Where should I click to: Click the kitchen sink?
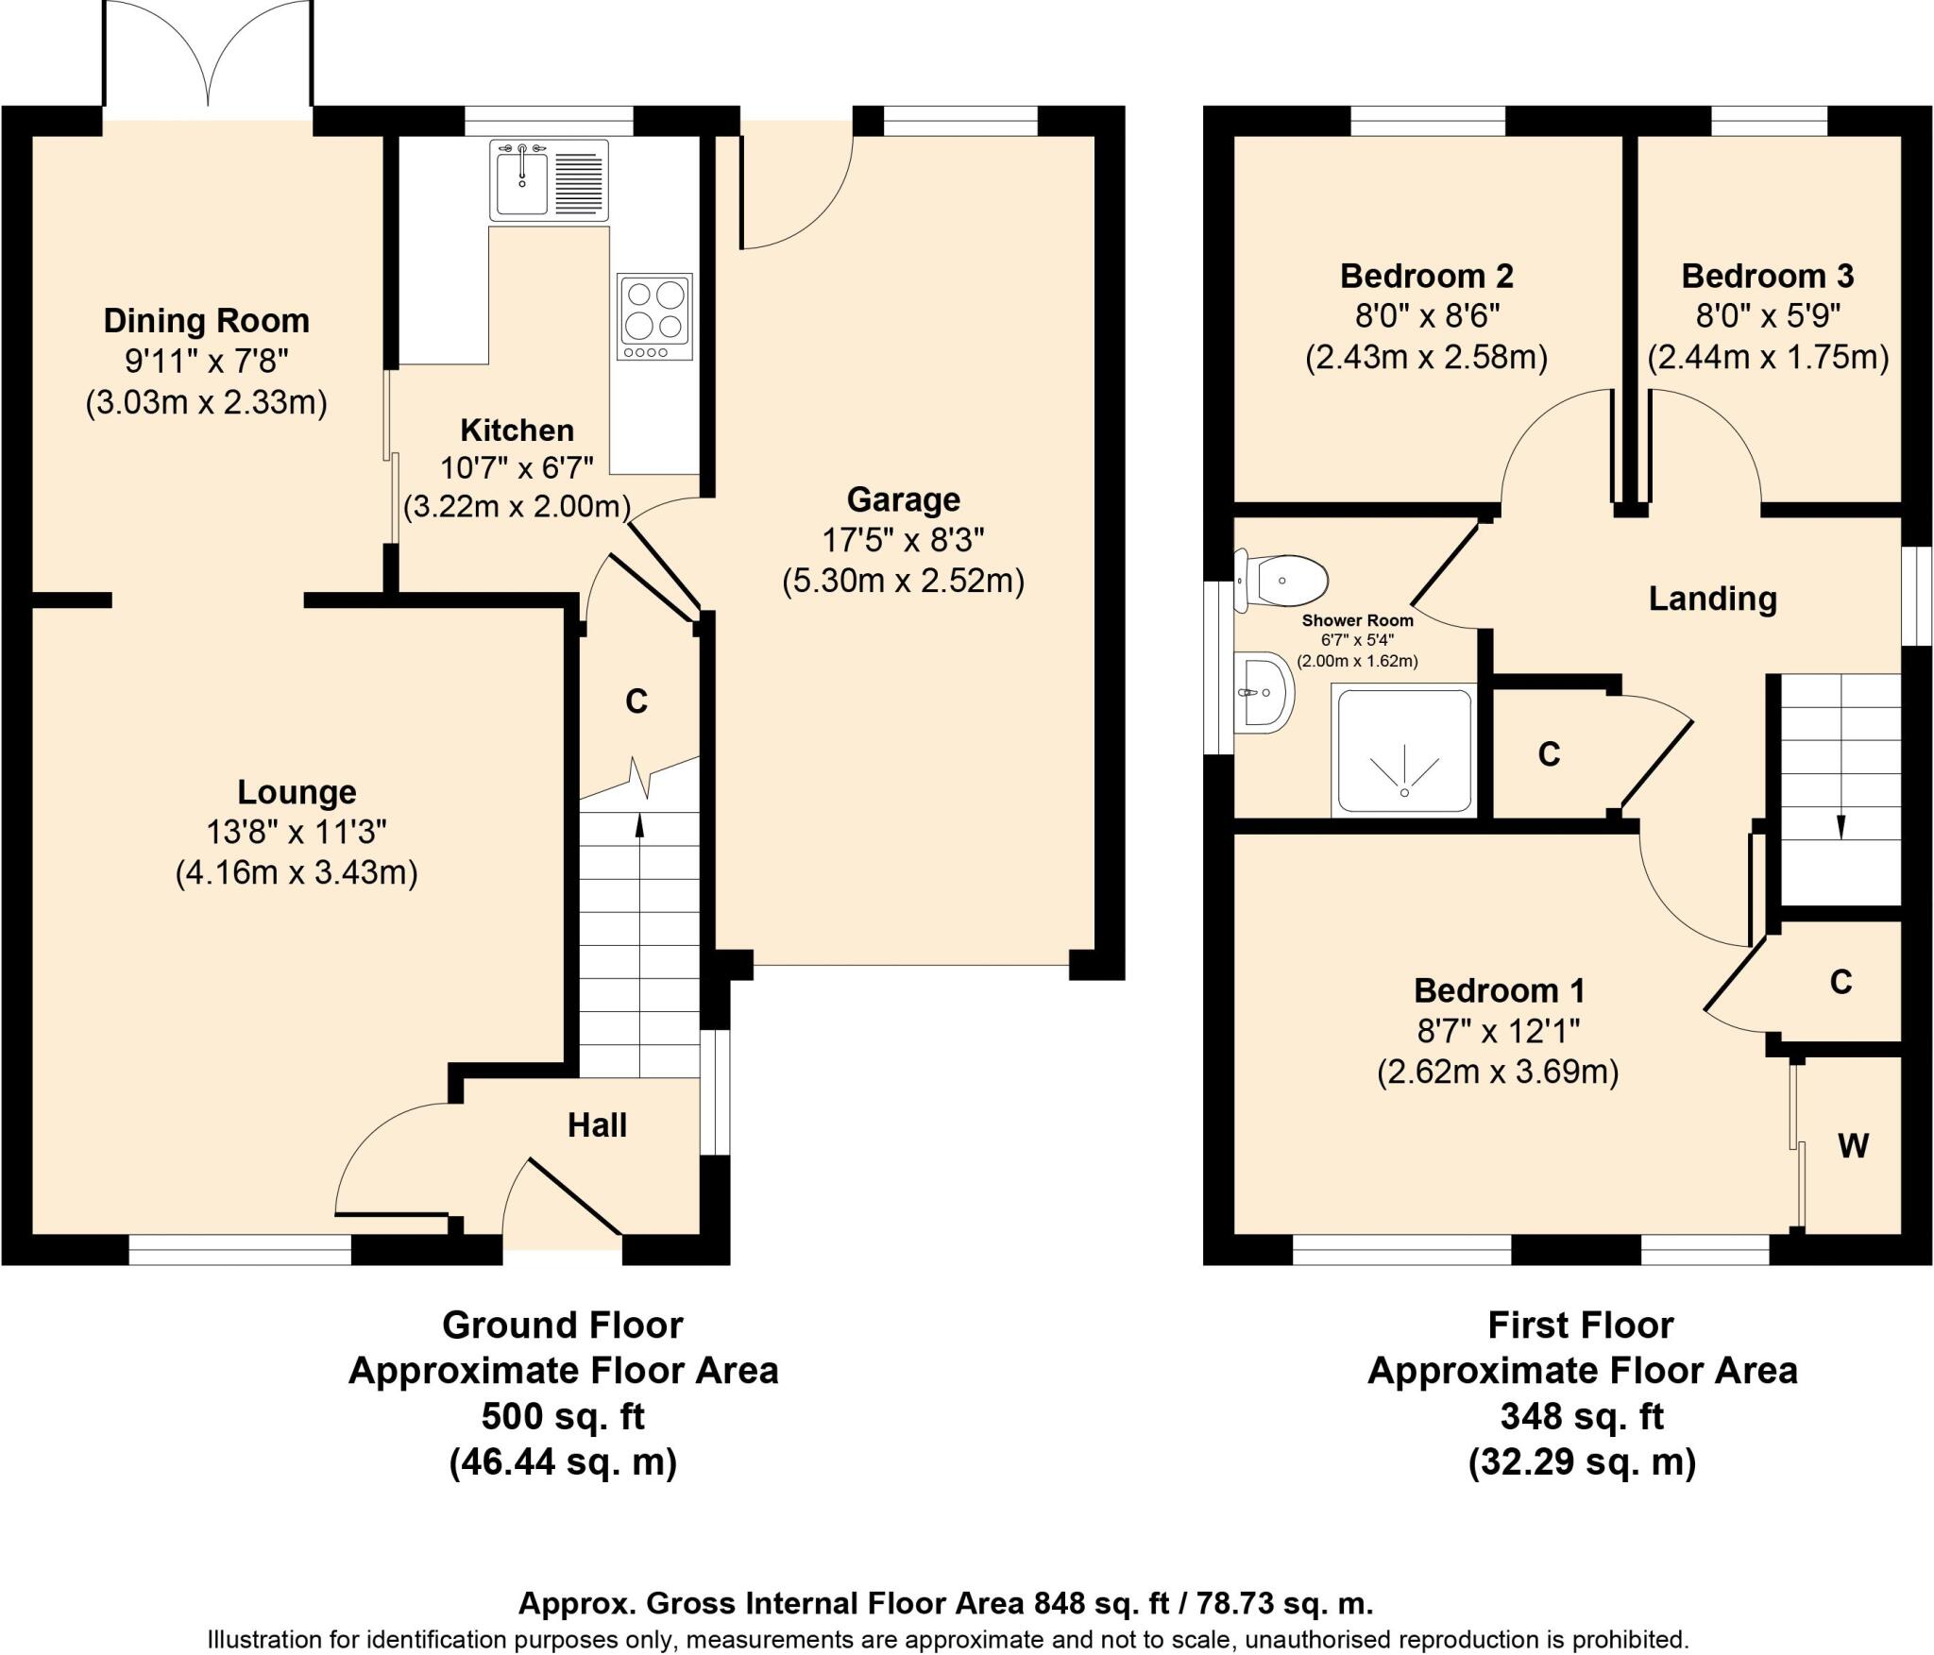pyautogui.click(x=549, y=179)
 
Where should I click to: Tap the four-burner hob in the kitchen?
pyautogui.click(x=654, y=316)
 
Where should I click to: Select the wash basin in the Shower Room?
pyautogui.click(x=1264, y=692)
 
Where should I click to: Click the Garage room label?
pyautogui.click(x=903, y=498)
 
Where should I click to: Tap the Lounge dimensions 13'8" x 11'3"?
pyautogui.click(x=297, y=832)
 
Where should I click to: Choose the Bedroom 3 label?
pyautogui.click(x=1768, y=276)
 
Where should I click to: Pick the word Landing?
pyautogui.click(x=1712, y=599)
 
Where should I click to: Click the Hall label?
pyautogui.click(x=597, y=1124)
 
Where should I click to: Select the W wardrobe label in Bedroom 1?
pyautogui.click(x=1853, y=1146)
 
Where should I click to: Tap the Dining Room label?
pyautogui.click(x=206, y=321)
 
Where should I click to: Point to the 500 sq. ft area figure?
pyautogui.click(x=563, y=1416)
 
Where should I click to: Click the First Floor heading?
pyautogui.click(x=1581, y=1325)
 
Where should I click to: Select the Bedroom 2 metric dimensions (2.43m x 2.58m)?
pyautogui.click(x=1426, y=358)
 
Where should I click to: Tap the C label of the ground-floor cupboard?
pyautogui.click(x=636, y=701)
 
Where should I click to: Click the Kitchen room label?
pyautogui.click(x=517, y=431)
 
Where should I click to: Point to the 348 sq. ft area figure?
pyautogui.click(x=1582, y=1416)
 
